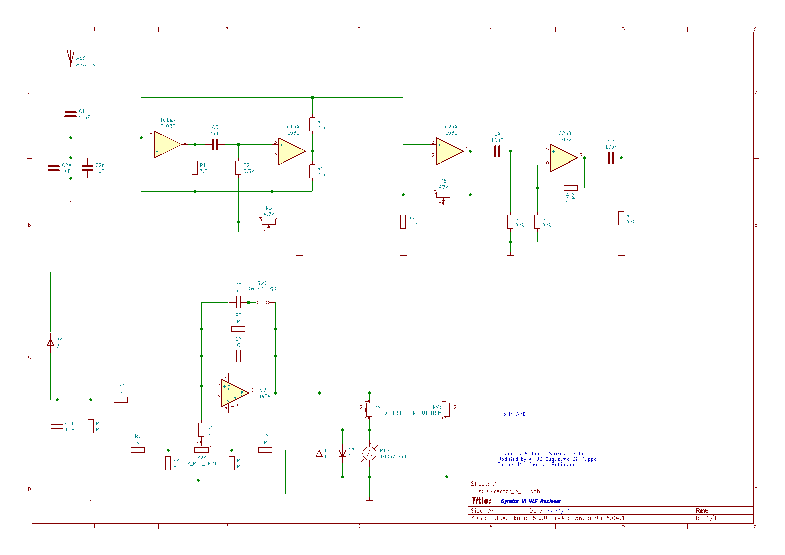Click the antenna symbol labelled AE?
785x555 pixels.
pos(71,57)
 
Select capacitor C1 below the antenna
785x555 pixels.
pos(71,114)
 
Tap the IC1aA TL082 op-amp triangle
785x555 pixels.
pos(167,144)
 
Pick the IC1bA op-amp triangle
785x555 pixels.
pos(291,151)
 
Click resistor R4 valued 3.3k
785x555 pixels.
pos(312,124)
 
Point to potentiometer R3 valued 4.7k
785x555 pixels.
pos(268,222)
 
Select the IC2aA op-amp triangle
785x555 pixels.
pos(449,151)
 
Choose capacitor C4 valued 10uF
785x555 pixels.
pos(497,151)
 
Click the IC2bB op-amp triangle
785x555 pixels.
pos(563,158)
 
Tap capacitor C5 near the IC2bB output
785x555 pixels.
pos(611,158)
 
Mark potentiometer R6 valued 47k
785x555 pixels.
pos(443,195)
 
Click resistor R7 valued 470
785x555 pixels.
pos(403,222)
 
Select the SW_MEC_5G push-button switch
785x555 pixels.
pos(262,302)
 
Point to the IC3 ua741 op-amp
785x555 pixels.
pos(234,393)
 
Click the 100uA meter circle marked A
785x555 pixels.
pos(369,454)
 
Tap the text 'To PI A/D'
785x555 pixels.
pos(513,414)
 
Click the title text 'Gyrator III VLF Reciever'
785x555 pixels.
pos(530,501)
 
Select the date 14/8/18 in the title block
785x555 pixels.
pos(559,511)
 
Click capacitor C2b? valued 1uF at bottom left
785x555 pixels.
pos(57,426)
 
